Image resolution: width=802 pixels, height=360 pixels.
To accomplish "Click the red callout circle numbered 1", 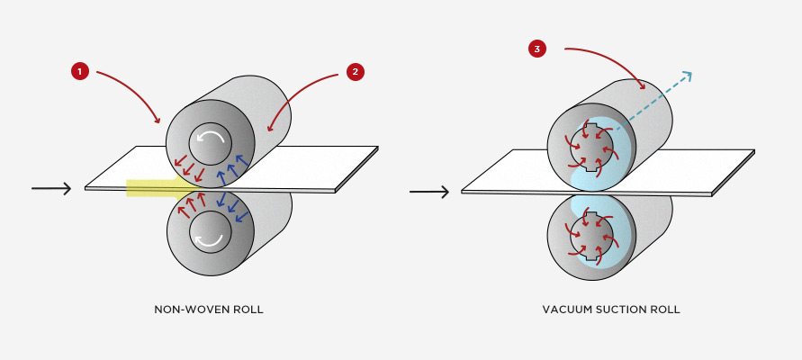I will click(x=80, y=72).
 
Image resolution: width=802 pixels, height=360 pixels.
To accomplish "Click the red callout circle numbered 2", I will click(x=355, y=72).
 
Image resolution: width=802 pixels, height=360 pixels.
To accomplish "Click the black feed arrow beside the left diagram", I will click(x=51, y=188).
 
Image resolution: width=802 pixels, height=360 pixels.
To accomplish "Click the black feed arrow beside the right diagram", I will click(x=429, y=192).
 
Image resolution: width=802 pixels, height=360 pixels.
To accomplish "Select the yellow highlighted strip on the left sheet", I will click(x=158, y=187).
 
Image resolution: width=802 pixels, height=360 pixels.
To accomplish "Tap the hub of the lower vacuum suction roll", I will click(x=590, y=235).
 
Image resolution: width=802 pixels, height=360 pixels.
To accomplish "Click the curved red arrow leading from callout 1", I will click(x=131, y=85).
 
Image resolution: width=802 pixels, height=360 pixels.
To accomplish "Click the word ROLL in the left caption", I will click(x=247, y=310).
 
